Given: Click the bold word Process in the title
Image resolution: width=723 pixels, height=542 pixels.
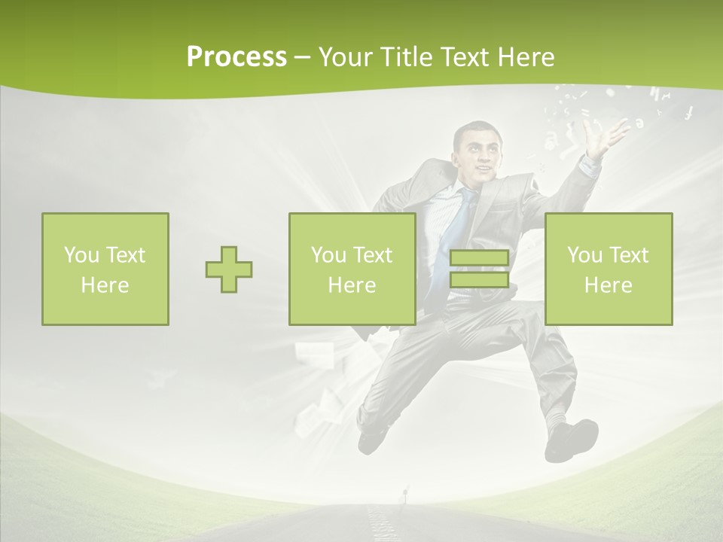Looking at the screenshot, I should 236,57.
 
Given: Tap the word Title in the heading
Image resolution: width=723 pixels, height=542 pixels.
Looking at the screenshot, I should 404,57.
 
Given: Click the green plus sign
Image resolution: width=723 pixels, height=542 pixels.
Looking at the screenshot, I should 229,269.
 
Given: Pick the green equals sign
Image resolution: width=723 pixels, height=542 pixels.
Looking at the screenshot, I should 479,269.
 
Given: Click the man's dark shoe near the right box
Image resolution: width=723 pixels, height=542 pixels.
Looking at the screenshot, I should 572,440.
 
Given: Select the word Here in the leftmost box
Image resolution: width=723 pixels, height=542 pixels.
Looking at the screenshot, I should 105,285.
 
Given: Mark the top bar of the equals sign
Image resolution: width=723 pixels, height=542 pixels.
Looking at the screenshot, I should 479,259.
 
